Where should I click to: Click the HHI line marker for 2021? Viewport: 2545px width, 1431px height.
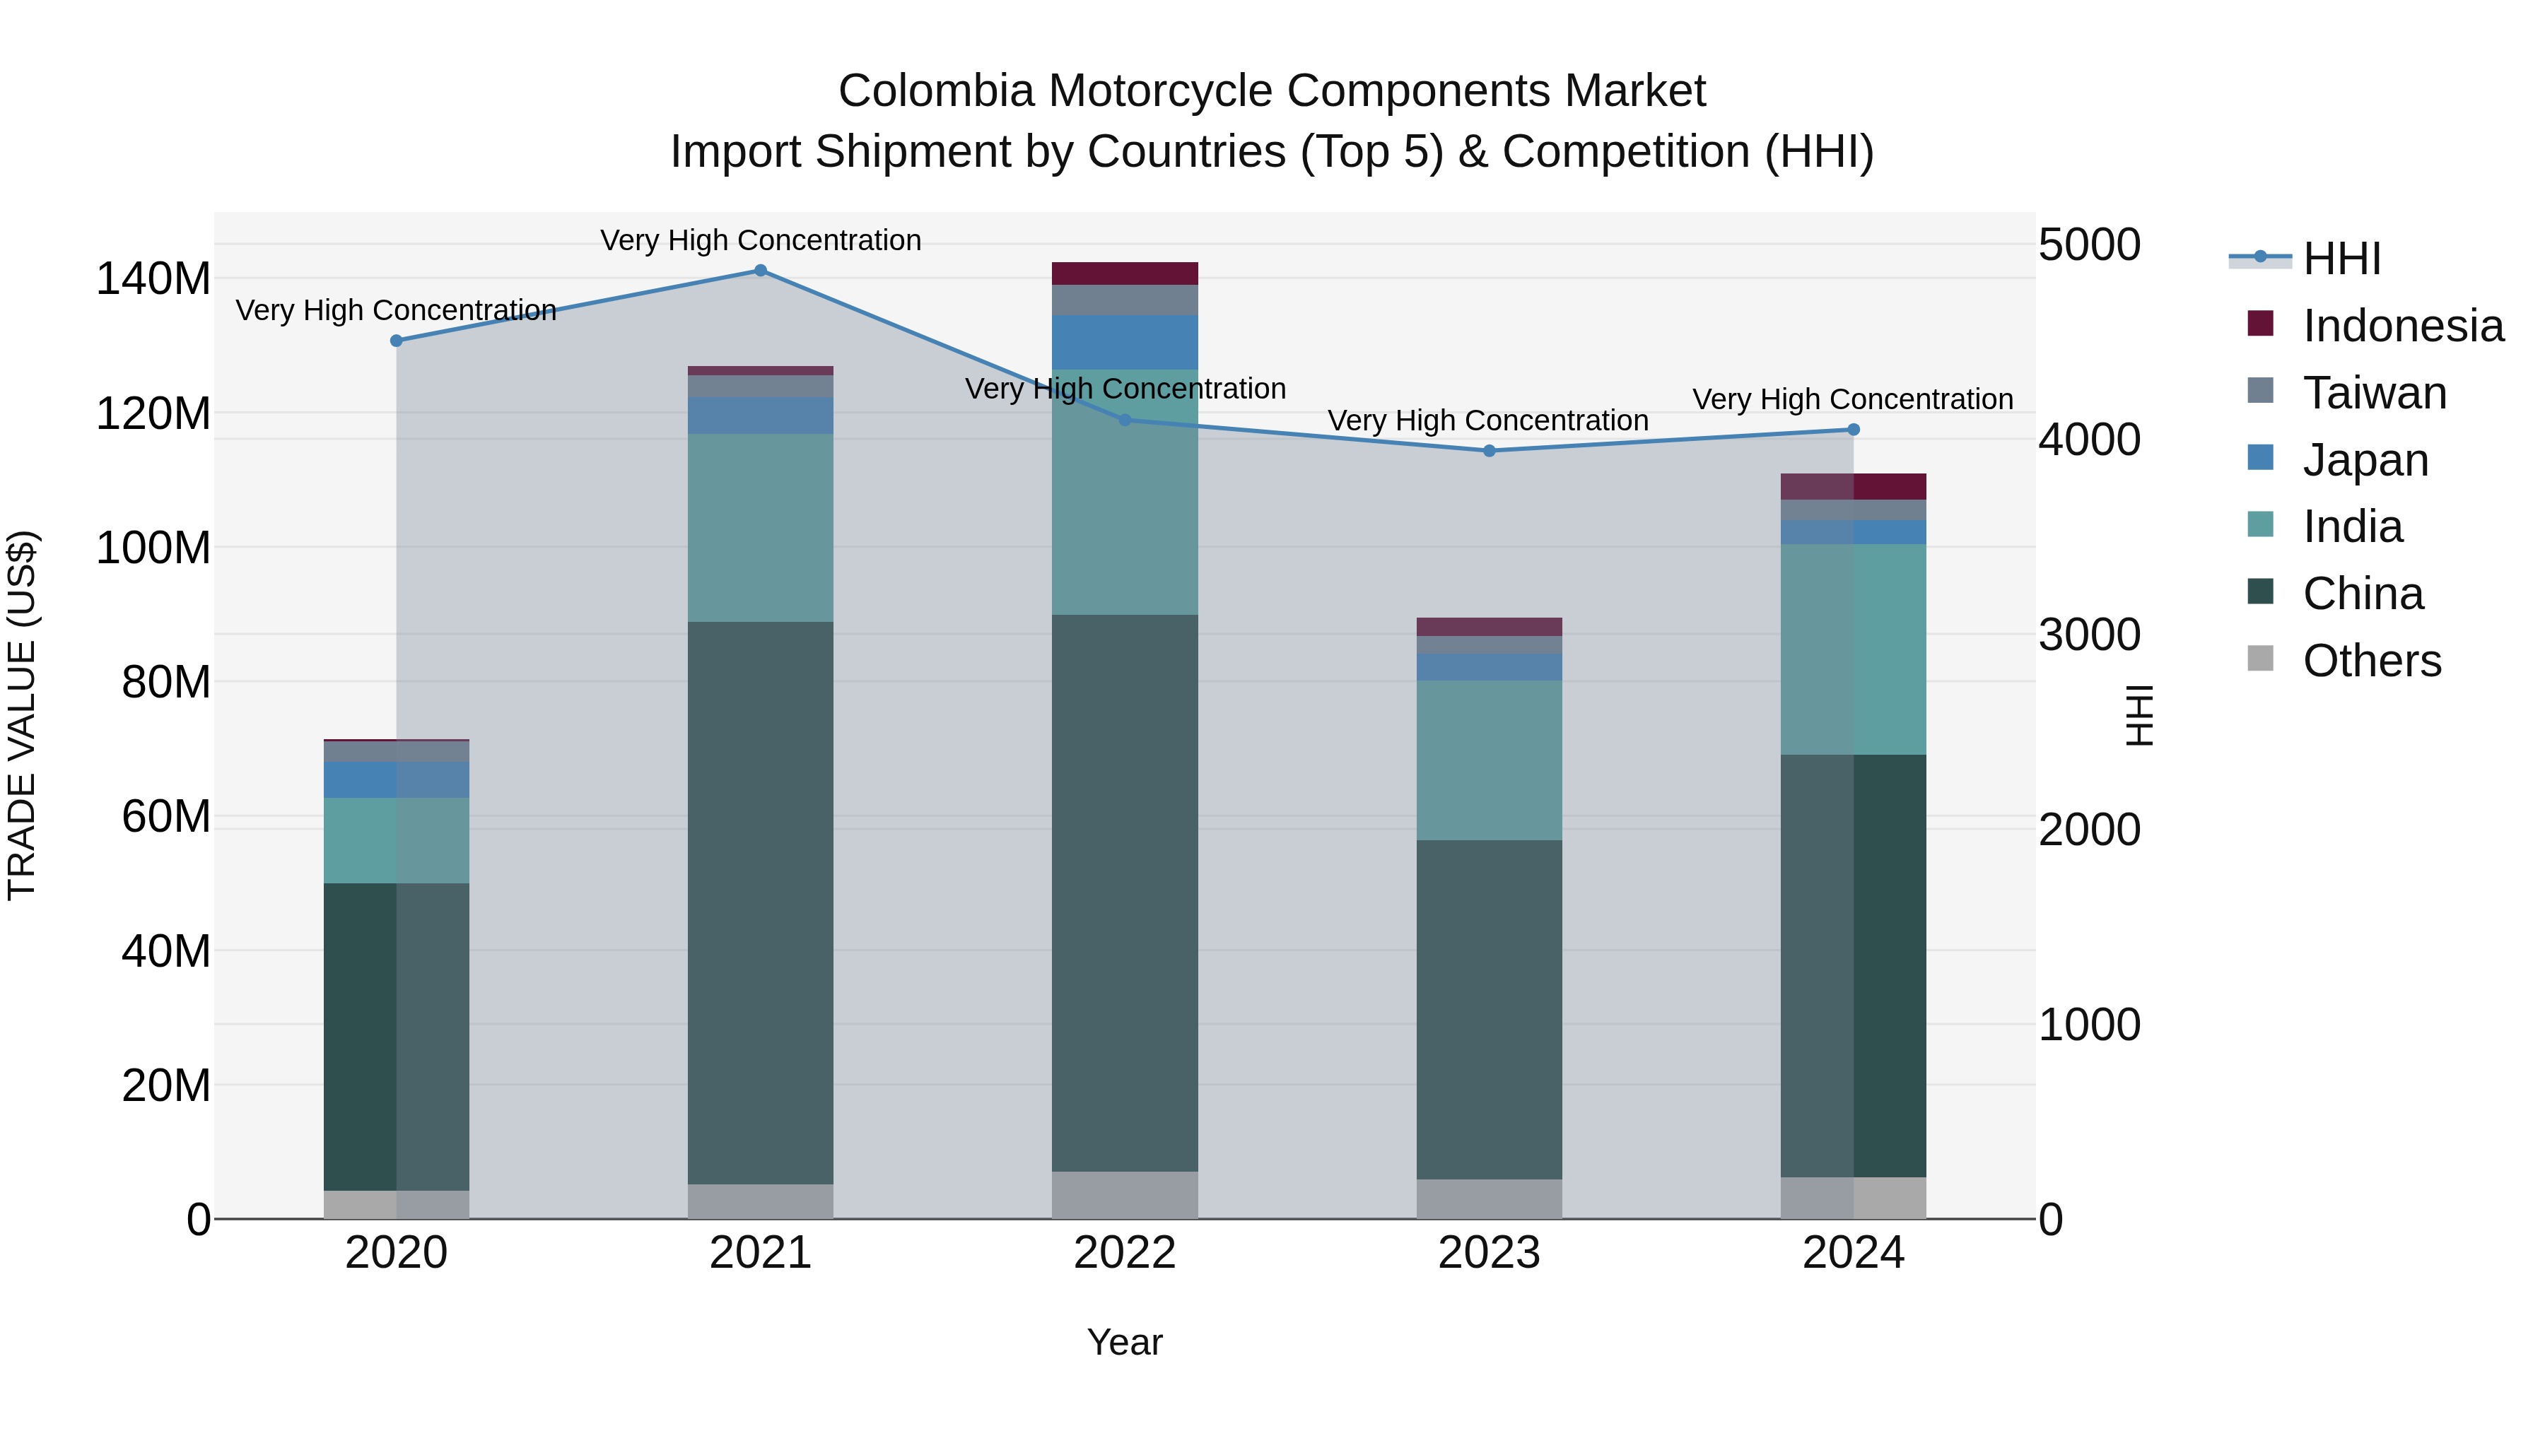(760, 271)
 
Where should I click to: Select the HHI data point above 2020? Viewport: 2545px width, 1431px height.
(396, 341)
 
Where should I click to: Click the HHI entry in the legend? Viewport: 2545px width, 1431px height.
(2341, 259)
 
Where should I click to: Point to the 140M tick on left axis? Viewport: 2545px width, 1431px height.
(153, 279)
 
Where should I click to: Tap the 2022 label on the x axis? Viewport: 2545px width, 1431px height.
(1124, 1253)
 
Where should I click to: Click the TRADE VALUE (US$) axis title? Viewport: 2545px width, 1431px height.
(22, 715)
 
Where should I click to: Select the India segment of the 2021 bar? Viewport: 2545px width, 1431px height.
(760, 527)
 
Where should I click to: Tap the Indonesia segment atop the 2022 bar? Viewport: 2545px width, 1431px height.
(1124, 273)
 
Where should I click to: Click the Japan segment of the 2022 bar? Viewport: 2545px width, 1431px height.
(1124, 343)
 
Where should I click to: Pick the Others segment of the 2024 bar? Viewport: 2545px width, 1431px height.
(1852, 1198)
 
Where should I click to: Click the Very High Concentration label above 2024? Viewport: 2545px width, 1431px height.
(1852, 400)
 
